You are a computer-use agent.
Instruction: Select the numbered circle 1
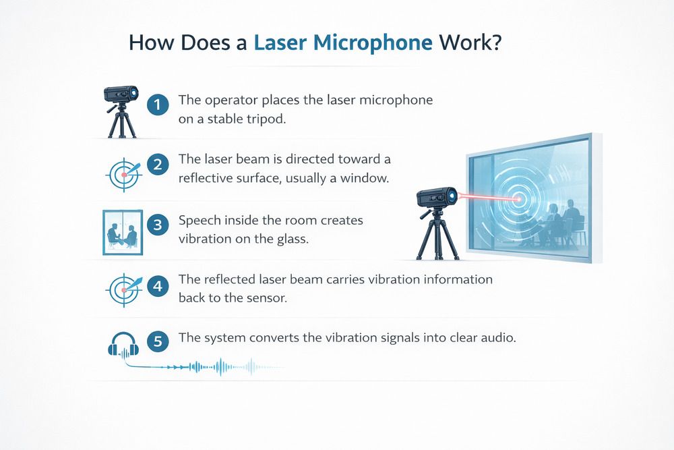click(x=158, y=105)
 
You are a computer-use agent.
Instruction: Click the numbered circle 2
click(x=158, y=165)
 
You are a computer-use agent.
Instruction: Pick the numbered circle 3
click(x=158, y=225)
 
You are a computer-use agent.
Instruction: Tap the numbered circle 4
click(x=158, y=285)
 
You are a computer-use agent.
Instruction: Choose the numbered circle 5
click(x=158, y=341)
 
